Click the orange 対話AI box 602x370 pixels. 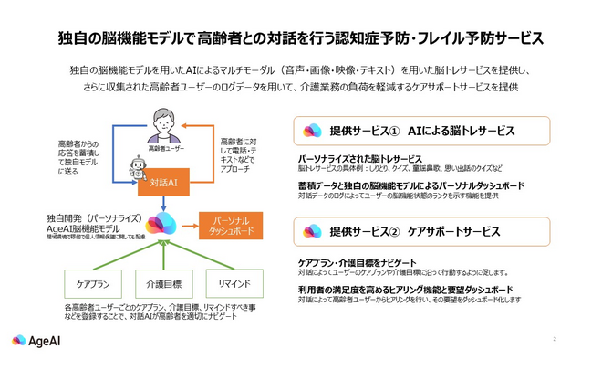(x=163, y=183)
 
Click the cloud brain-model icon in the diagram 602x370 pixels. (x=163, y=223)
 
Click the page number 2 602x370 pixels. (x=554, y=340)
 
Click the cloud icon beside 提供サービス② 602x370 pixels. (x=312, y=229)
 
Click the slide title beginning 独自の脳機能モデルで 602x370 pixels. (x=300, y=38)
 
